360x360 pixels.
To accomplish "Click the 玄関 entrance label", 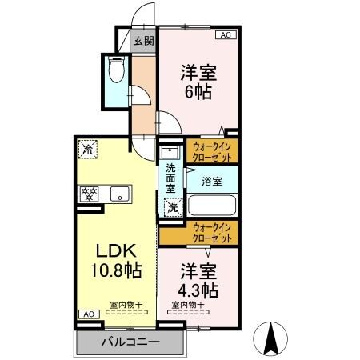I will point(144,40).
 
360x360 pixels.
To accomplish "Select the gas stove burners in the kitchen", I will point(88,194).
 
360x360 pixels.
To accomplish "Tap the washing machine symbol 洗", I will point(172,208).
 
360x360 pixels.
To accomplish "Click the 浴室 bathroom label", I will point(211,181).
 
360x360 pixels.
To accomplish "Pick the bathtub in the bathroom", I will point(211,205).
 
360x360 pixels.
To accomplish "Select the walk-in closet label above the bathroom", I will point(214,151).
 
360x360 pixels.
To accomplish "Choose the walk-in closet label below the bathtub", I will point(214,234).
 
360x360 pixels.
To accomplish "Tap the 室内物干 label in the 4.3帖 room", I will point(189,305).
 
